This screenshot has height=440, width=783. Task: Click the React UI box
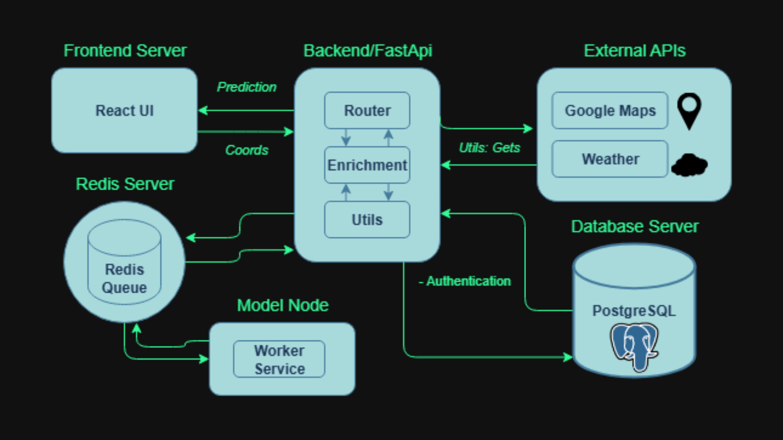point(124,110)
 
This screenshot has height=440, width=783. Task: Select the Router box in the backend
point(367,110)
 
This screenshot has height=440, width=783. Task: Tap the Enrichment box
point(367,165)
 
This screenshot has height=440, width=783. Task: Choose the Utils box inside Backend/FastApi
point(367,220)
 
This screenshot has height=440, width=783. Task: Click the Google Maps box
point(610,110)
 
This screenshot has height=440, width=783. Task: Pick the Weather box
point(610,159)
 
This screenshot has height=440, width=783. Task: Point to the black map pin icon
point(689,110)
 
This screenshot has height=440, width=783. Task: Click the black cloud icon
point(689,165)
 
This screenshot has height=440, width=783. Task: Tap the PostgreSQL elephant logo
point(634,346)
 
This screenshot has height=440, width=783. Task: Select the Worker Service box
point(279,359)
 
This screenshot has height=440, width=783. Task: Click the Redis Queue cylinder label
point(124,278)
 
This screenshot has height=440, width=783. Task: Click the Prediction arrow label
point(246,87)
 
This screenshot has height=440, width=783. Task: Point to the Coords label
point(247,150)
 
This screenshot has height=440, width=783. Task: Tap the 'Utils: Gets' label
point(489,147)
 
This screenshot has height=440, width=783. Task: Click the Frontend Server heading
point(125,51)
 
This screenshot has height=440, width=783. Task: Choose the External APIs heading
point(635,51)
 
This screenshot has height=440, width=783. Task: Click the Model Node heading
point(283,305)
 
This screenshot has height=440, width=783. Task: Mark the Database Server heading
point(635,226)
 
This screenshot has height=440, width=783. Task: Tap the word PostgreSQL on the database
point(634,310)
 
